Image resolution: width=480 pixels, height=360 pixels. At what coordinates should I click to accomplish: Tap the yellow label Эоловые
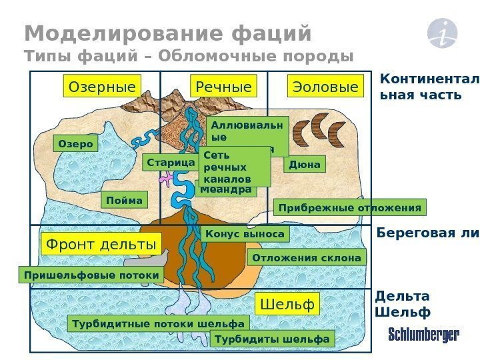324,87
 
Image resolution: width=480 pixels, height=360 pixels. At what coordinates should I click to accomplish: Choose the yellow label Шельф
288,305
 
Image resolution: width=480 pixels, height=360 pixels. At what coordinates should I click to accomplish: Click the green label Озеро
75,144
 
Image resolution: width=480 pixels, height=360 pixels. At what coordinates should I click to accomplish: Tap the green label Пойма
125,201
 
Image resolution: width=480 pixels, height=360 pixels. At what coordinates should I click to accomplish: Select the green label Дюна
305,164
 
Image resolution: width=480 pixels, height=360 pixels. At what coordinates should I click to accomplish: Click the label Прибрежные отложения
349,208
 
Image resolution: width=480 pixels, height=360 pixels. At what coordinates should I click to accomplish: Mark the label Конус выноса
245,234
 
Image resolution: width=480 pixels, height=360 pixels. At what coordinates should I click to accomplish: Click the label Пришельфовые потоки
91,275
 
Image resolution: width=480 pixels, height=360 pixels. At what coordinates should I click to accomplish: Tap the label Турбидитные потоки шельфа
158,324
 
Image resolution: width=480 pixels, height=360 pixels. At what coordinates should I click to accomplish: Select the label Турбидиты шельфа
272,339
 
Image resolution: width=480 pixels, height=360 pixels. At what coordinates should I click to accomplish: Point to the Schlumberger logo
424,335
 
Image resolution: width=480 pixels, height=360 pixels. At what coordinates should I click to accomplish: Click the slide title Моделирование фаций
168,33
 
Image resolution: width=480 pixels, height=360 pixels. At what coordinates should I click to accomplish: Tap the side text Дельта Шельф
403,304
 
